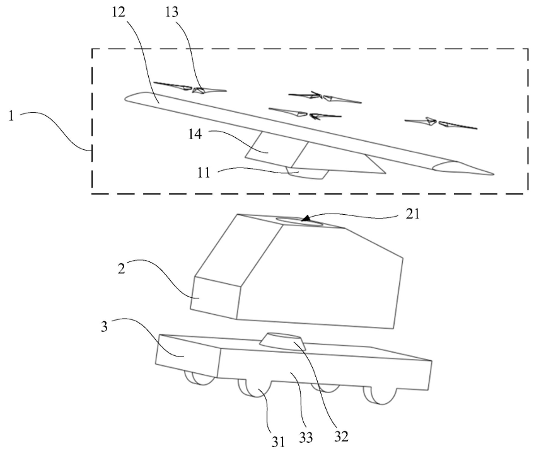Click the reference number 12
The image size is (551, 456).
[x=119, y=13]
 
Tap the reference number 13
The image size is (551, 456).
[x=172, y=13]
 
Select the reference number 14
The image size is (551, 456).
[x=195, y=134]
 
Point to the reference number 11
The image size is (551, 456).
[x=204, y=173]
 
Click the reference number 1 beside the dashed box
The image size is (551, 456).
[x=11, y=116]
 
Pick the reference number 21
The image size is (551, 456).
[x=413, y=214]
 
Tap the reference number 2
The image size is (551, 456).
[x=121, y=269]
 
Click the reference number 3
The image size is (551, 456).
[x=104, y=327]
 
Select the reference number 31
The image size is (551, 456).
[x=278, y=442]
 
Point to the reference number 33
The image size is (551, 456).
[x=306, y=438]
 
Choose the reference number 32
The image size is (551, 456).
[x=341, y=436]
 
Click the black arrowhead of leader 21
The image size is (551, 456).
[x=305, y=219]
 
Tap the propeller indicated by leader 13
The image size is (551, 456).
[x=190, y=87]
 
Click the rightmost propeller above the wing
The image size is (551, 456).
[x=441, y=123]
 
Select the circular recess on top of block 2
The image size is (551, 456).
[x=299, y=222]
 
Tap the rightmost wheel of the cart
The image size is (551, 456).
[x=381, y=396]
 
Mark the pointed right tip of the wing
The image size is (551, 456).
[x=494, y=174]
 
